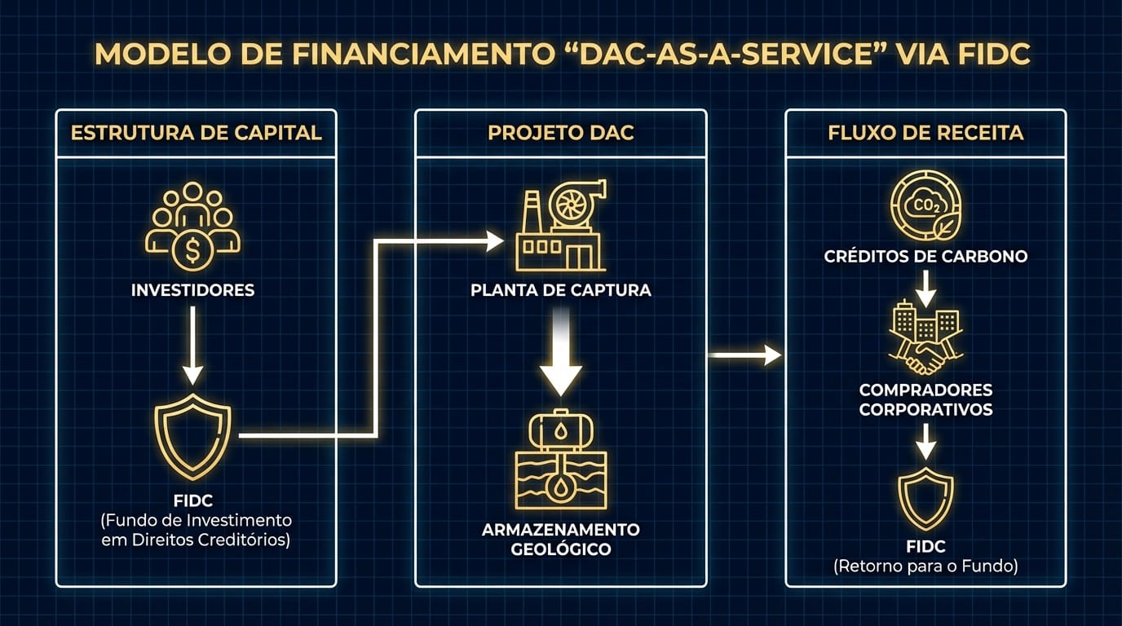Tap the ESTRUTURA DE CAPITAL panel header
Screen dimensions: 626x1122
coord(196,133)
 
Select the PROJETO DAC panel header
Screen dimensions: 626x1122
coord(560,133)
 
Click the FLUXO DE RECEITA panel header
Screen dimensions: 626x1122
coord(925,133)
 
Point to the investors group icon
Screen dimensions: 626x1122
coord(192,227)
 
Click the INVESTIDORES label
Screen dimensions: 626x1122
coord(192,290)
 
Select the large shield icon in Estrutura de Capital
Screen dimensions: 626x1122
coord(192,436)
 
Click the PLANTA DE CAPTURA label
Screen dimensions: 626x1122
coord(561,290)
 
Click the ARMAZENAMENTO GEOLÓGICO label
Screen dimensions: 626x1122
coord(561,539)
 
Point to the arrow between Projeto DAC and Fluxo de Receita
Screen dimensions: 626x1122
coord(744,355)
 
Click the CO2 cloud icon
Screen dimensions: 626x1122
coord(925,205)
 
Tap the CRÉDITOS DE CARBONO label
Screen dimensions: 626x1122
coord(925,257)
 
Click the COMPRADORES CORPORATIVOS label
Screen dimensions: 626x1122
coord(925,399)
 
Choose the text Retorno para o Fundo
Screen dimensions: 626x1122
coord(925,566)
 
